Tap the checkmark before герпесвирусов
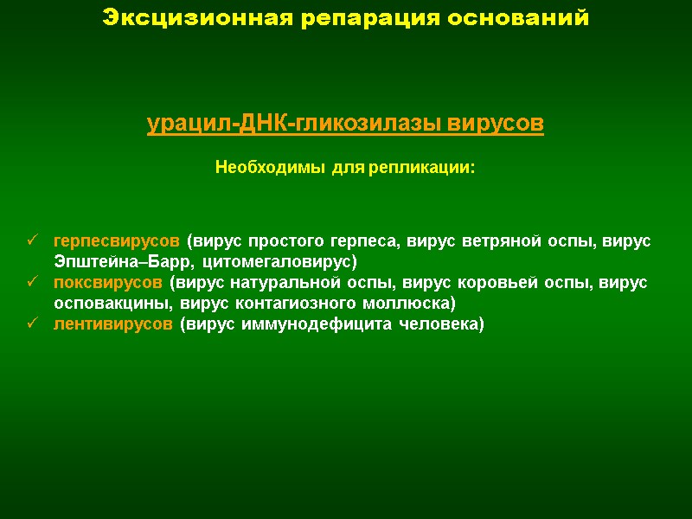coord(32,240)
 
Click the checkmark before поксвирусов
coord(32,282)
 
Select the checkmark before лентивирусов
coord(32,324)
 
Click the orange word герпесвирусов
coord(117,240)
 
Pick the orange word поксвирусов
coord(109,282)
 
